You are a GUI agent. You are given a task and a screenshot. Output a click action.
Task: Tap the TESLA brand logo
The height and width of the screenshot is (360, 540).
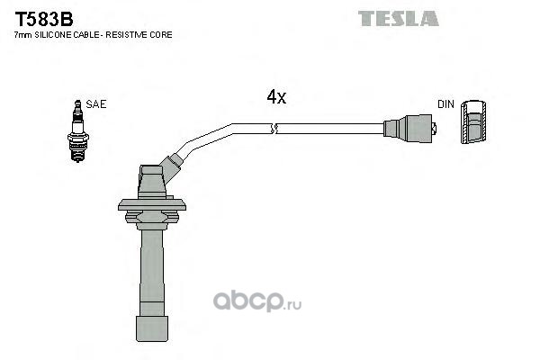[x=398, y=18]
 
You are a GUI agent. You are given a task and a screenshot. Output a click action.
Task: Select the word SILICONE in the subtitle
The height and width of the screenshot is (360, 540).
[x=54, y=34]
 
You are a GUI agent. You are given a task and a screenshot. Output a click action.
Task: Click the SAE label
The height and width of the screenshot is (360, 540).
[x=96, y=104]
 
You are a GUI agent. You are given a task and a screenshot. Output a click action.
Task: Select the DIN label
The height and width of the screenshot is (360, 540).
[x=445, y=104]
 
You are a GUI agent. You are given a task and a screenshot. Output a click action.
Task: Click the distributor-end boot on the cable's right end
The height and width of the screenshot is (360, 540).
[x=410, y=129]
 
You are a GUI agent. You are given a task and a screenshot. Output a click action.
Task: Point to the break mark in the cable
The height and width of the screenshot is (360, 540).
[x=274, y=130]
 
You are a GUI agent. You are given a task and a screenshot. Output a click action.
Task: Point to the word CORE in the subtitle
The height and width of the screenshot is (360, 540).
[x=159, y=34]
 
